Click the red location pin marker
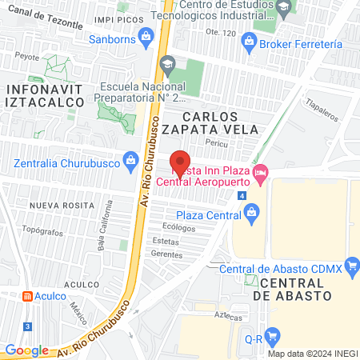pos(181,162)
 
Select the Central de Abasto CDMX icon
pos(351,270)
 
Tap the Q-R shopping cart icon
pos(272,338)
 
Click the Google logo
pos(27,350)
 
